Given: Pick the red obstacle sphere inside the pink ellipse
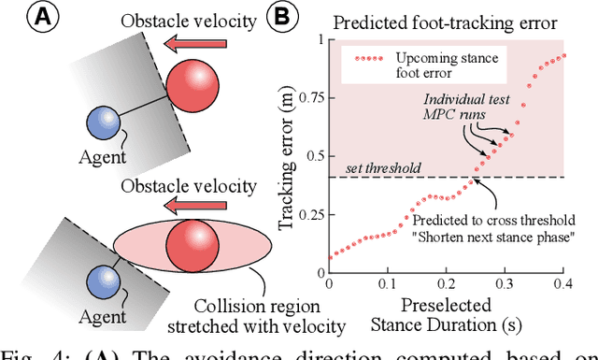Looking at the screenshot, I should (x=192, y=245).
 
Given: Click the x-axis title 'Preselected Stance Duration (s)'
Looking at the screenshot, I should (x=444, y=316).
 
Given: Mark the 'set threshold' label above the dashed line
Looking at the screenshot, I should (x=381, y=168).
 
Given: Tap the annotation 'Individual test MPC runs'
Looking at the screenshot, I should (x=457, y=107).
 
